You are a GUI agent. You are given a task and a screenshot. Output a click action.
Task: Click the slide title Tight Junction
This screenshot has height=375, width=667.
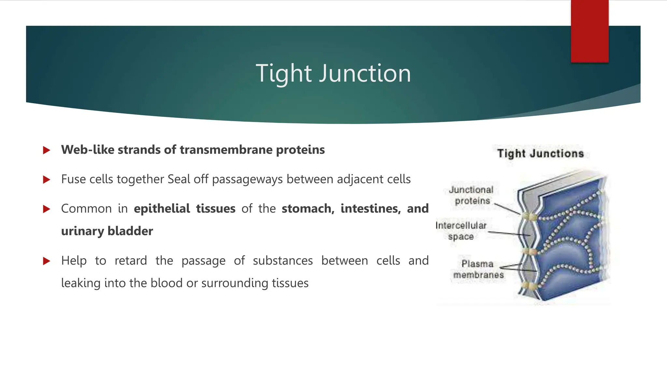(333, 74)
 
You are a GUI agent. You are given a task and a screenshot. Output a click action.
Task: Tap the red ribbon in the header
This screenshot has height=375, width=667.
(589, 31)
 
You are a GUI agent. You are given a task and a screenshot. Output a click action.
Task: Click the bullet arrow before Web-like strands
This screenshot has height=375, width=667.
(47, 150)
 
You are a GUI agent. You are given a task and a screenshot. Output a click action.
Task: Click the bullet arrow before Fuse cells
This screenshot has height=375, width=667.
(47, 179)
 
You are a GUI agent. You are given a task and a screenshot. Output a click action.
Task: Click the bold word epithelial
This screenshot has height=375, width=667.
(162, 209)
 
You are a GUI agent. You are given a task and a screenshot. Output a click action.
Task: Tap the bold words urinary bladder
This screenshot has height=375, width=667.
(107, 231)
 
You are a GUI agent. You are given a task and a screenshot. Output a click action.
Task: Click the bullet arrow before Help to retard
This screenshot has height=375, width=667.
(47, 261)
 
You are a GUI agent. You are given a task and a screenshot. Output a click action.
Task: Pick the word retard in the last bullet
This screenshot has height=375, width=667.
(131, 261)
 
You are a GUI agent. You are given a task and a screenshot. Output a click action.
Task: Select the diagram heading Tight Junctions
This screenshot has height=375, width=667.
(540, 154)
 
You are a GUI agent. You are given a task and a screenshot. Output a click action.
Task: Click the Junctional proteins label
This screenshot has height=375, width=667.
(471, 195)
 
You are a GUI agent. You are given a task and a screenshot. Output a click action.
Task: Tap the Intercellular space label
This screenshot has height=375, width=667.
(461, 231)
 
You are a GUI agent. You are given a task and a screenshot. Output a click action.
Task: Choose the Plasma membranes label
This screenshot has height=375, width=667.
(478, 269)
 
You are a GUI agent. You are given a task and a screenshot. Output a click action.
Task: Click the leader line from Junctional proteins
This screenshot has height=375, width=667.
(507, 209)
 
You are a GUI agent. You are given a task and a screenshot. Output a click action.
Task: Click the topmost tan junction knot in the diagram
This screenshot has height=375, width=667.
(530, 216)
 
